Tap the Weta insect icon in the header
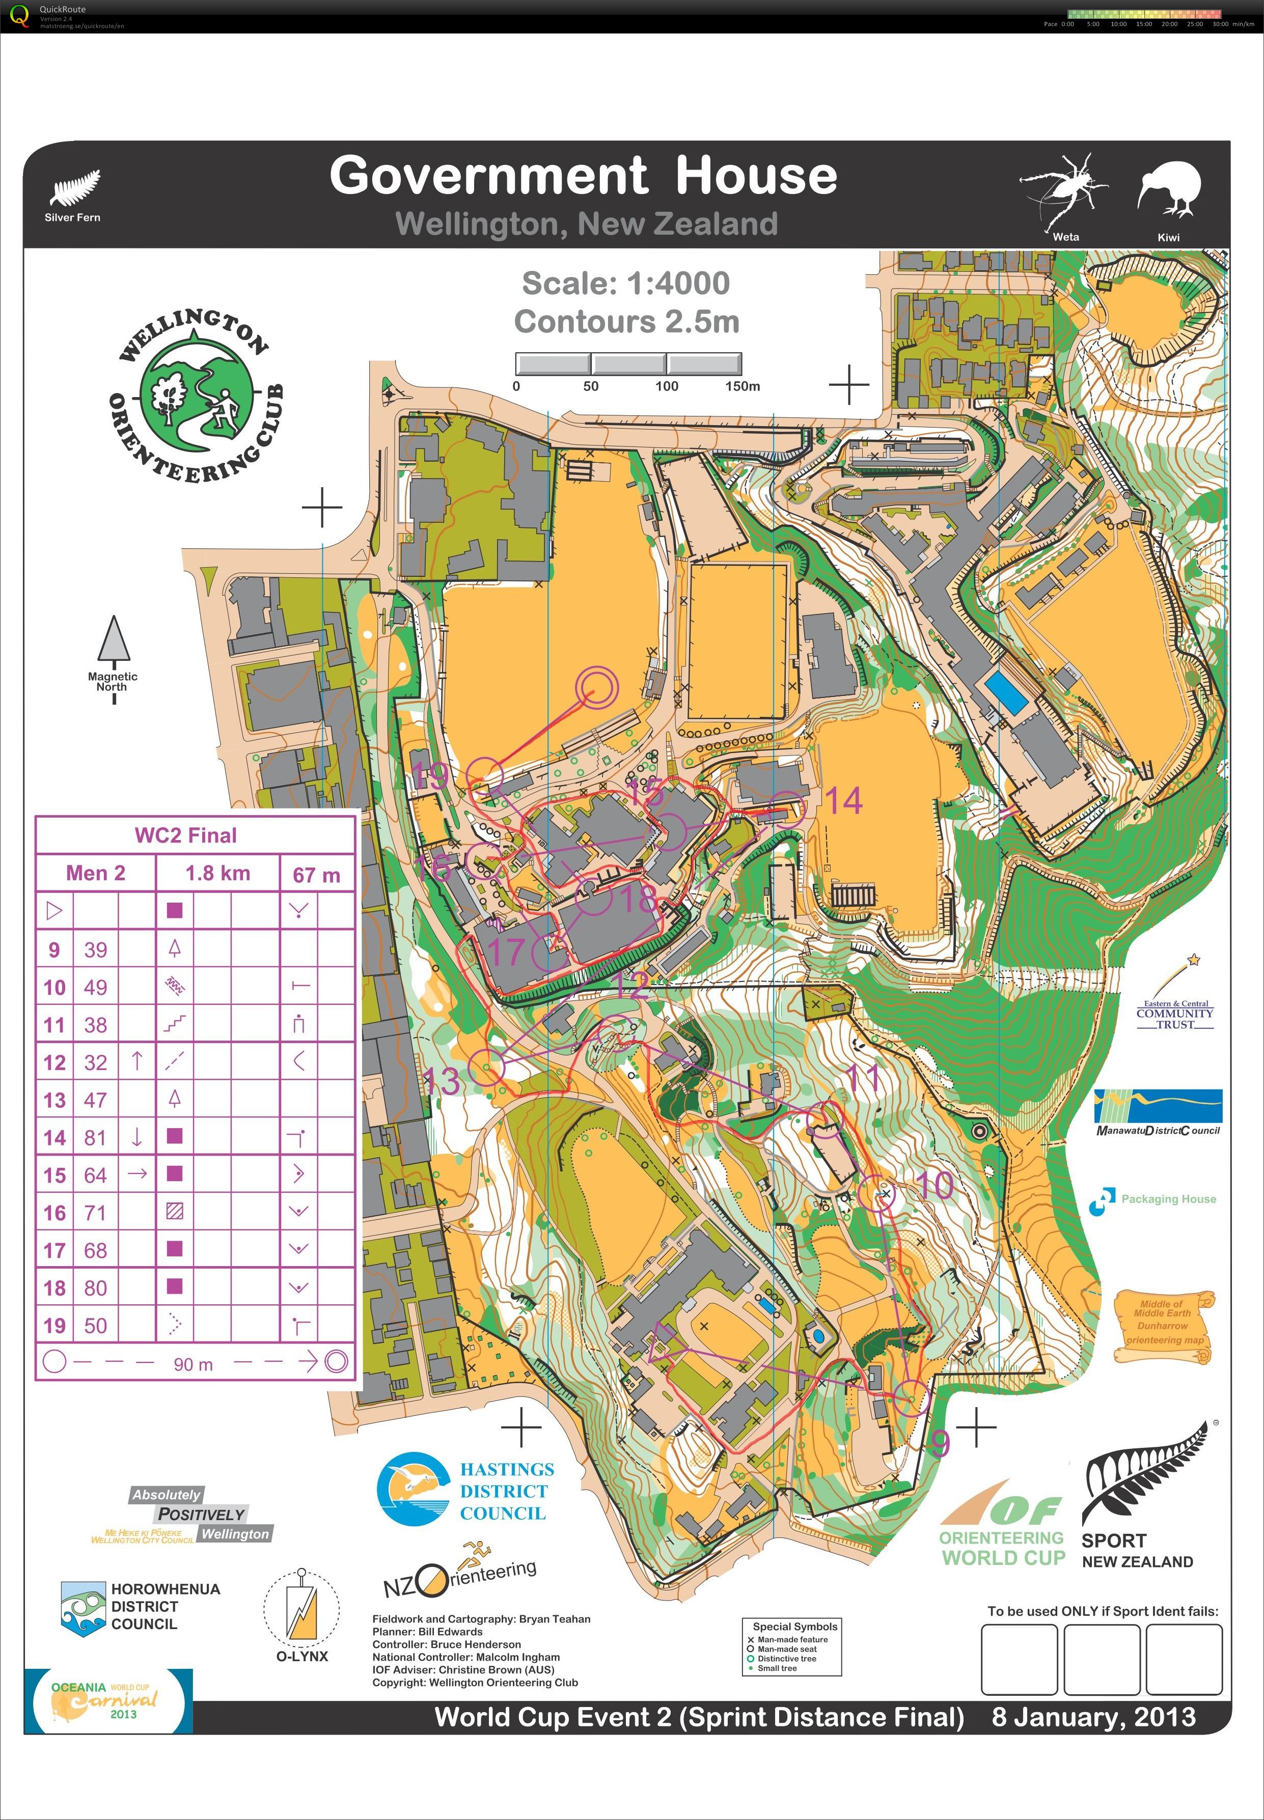(1064, 190)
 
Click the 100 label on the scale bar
(666, 386)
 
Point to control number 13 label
(442, 1081)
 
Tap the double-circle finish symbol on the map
(595, 687)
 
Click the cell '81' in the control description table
(95, 1138)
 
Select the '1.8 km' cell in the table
(218, 873)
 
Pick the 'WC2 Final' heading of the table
(186, 835)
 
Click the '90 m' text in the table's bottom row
(193, 1364)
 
